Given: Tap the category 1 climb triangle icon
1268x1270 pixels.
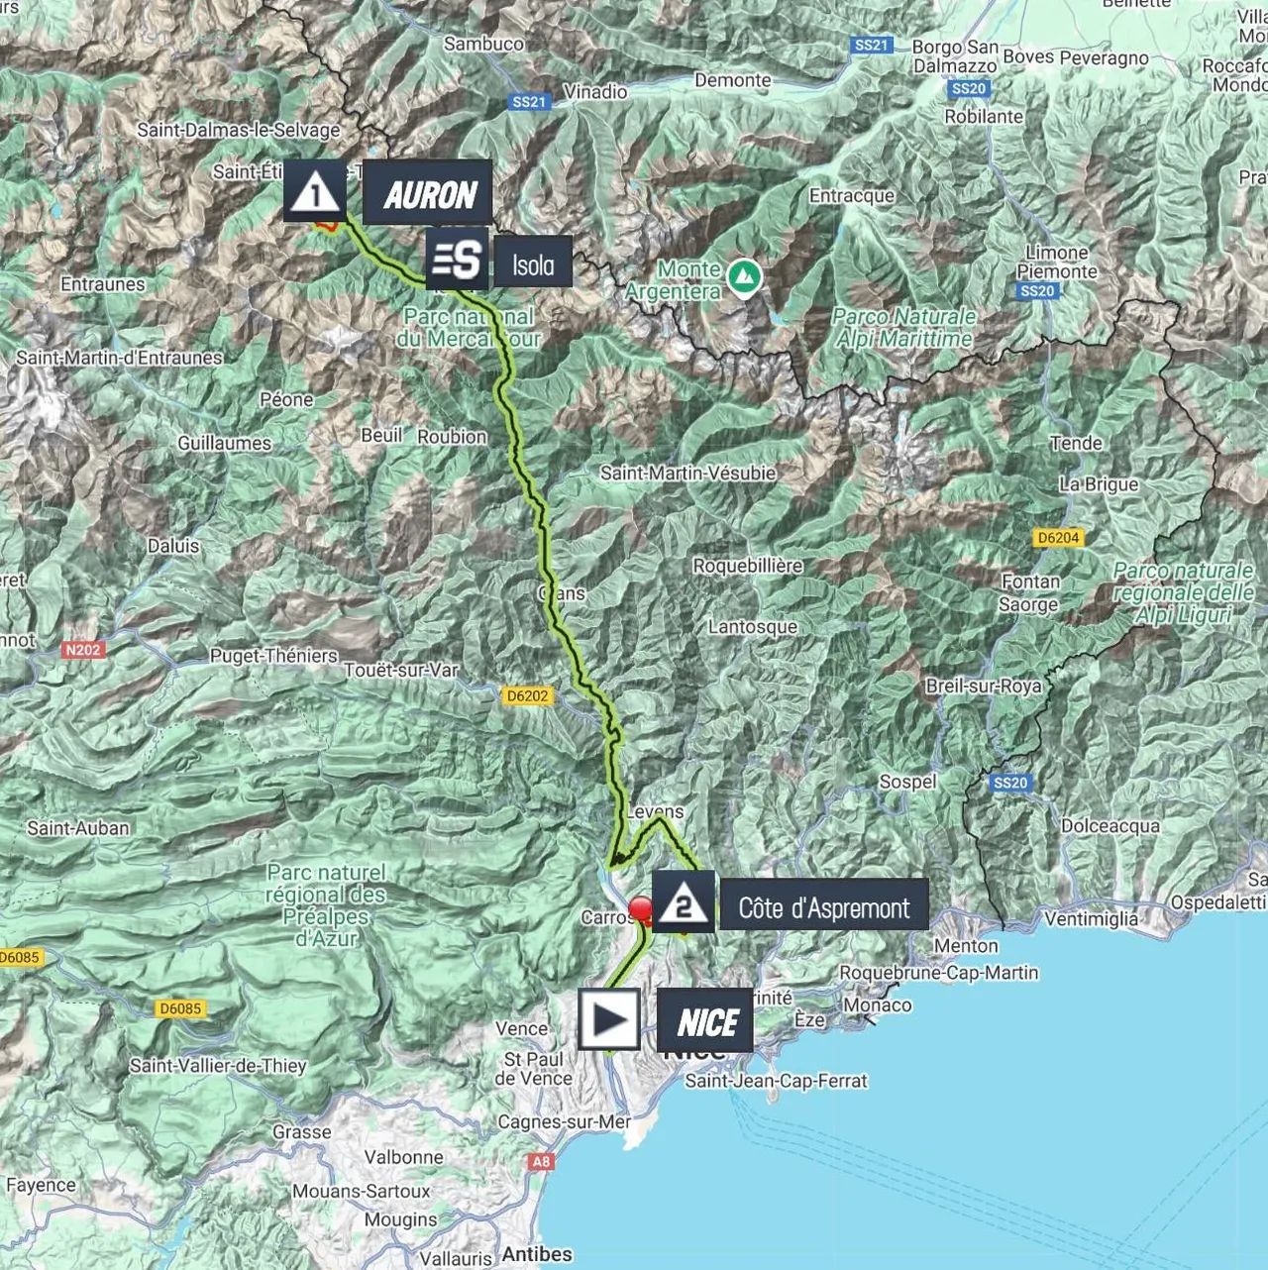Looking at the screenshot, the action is (x=315, y=190).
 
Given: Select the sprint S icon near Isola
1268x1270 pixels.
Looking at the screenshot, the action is (x=457, y=261).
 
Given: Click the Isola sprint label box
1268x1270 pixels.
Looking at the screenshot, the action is (x=532, y=263).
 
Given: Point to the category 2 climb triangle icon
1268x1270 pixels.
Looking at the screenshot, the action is (x=682, y=902).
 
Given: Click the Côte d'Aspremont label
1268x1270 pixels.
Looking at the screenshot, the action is (x=823, y=906).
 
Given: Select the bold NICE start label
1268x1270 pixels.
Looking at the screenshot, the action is (x=706, y=1021).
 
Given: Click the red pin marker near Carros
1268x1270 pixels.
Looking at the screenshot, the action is (x=641, y=909).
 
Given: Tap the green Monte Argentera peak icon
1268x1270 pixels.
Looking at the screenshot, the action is (x=740, y=276).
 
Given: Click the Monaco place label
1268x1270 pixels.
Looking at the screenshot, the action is (x=878, y=1005).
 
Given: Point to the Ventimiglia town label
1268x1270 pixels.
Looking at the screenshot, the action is (x=1091, y=918).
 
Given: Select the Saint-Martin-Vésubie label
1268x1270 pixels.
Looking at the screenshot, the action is (x=687, y=473).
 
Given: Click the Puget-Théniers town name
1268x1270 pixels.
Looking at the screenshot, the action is (x=273, y=655).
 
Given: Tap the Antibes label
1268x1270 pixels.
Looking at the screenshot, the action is (x=535, y=1253).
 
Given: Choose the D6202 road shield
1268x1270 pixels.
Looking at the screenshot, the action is (x=526, y=695).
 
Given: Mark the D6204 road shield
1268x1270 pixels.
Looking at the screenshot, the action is (x=1058, y=538).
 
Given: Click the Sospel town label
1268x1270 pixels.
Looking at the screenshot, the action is (x=907, y=781).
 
